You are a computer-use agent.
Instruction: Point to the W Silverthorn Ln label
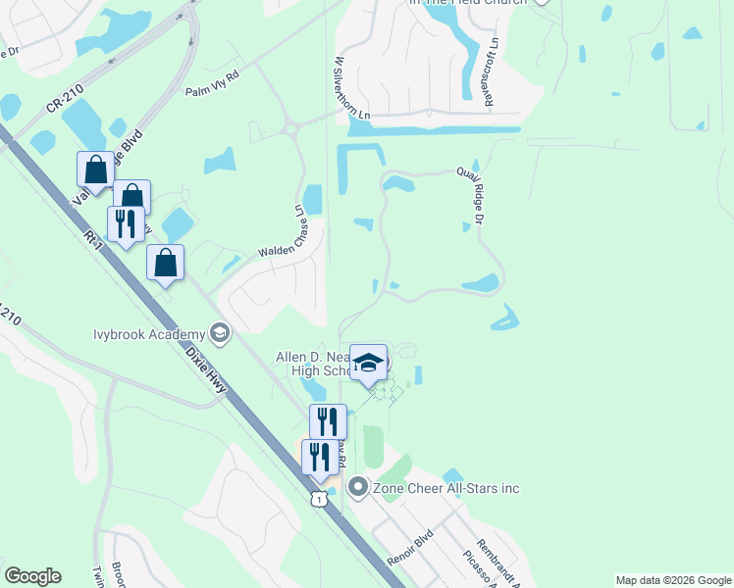tap(351, 87)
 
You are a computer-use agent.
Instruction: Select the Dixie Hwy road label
tap(208, 369)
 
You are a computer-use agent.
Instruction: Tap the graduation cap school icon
tap(369, 363)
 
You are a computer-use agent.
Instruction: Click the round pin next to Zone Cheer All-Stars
tap(358, 487)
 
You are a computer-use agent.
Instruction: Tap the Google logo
tap(32, 576)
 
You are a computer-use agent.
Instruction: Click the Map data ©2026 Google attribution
tap(672, 580)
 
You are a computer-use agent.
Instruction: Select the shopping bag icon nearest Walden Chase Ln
tap(166, 263)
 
